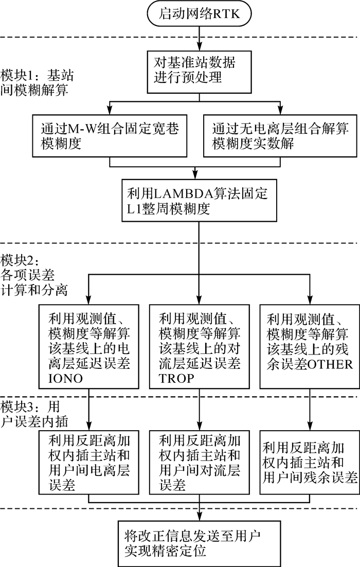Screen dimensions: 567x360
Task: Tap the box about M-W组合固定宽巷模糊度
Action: [x=109, y=135]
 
